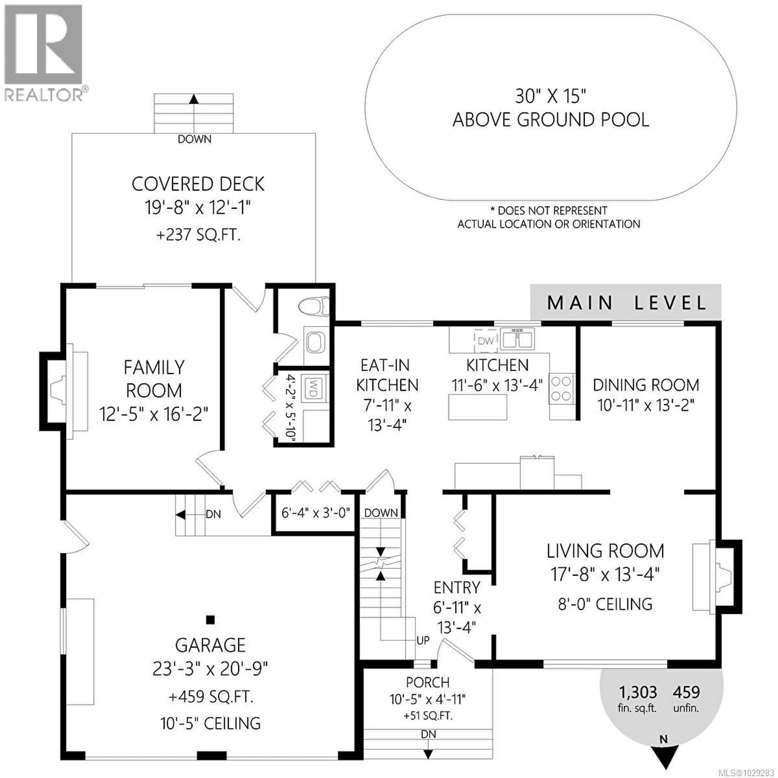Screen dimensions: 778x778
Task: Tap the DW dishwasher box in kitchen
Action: coord(486,341)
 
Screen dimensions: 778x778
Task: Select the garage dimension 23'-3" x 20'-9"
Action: coord(210,669)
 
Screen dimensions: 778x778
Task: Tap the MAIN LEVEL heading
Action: coord(626,303)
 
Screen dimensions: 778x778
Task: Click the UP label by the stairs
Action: coord(423,640)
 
